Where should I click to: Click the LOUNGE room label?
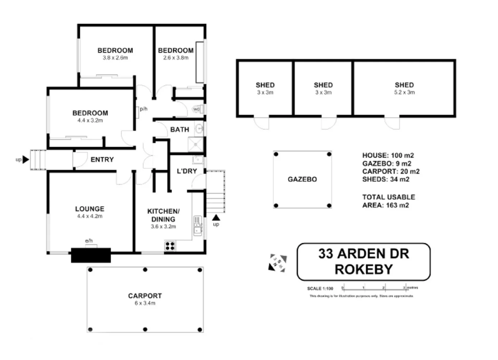point(90,209)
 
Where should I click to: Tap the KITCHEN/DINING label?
point(163,215)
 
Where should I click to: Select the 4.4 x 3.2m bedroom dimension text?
point(90,121)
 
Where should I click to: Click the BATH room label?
point(179,130)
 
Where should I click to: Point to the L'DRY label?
point(187,171)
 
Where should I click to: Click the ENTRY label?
point(102,159)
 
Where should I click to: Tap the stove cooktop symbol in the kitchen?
point(170,246)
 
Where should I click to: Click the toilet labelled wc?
point(197,109)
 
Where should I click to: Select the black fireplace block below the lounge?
point(91,255)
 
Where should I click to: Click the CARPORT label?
point(145,296)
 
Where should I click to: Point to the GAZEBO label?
point(302,179)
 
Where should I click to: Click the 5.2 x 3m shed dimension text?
point(404,93)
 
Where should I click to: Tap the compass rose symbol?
point(278,263)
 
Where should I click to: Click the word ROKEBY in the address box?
point(363,270)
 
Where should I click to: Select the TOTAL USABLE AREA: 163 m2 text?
point(388,201)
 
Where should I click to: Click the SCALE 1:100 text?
point(320,289)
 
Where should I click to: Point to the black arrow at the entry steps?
point(25,160)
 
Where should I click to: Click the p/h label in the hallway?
point(144,109)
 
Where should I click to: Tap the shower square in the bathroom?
point(196,145)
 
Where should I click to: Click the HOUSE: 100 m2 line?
point(388,155)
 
